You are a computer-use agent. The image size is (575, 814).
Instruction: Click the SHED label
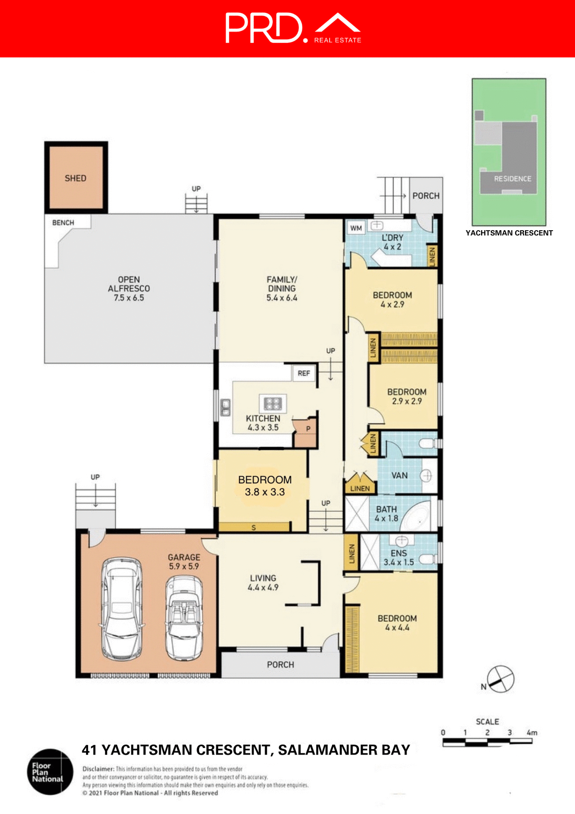(x=75, y=178)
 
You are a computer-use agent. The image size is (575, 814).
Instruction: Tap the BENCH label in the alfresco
(x=63, y=223)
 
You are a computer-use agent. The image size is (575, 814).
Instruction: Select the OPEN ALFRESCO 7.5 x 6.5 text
(x=129, y=289)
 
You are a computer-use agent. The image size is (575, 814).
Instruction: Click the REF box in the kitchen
(x=304, y=373)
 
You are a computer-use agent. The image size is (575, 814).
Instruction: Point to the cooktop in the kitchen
(x=272, y=403)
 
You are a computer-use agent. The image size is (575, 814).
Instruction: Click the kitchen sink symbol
(x=225, y=407)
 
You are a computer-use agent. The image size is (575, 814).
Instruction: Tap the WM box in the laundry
(x=356, y=228)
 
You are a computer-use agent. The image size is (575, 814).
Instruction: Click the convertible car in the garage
(x=184, y=617)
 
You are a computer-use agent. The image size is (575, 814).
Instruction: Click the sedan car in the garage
(x=122, y=608)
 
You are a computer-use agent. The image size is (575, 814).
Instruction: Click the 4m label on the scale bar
(x=532, y=733)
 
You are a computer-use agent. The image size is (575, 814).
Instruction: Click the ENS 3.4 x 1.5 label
(x=399, y=558)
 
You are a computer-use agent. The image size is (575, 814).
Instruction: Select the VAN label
(x=399, y=475)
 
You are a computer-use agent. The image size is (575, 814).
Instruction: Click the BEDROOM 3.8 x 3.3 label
(x=265, y=486)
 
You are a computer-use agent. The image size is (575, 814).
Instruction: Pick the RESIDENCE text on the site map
(x=512, y=179)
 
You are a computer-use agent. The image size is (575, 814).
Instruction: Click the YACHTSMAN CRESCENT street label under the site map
(x=509, y=233)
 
